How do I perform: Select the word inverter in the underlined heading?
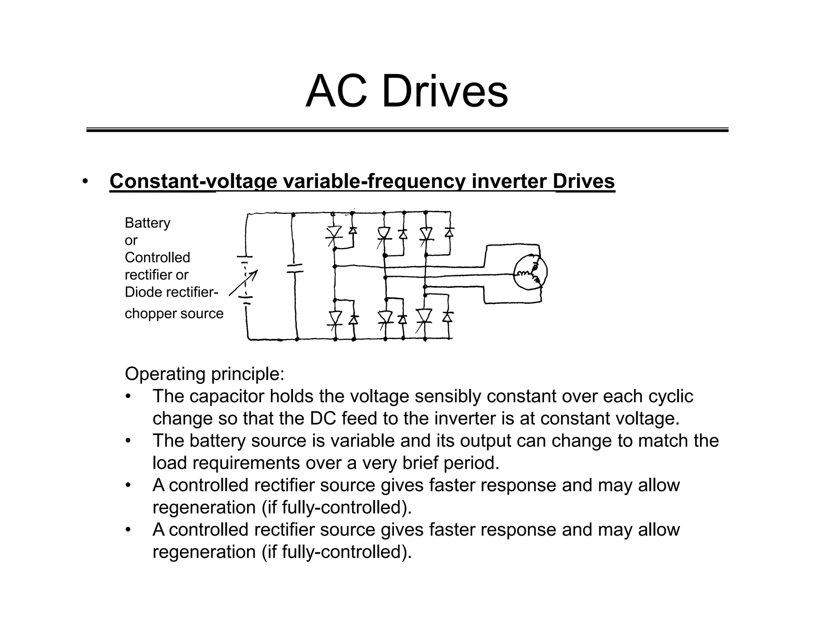pyautogui.click(x=509, y=182)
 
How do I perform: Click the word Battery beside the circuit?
pyautogui.click(x=147, y=223)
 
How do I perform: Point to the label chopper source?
pyautogui.click(x=174, y=314)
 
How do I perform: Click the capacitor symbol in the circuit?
pyautogui.click(x=295, y=268)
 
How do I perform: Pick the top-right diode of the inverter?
pyautogui.click(x=449, y=232)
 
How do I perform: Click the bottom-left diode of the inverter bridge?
pyautogui.click(x=353, y=319)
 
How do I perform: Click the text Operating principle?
pyautogui.click(x=205, y=374)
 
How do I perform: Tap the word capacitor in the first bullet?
pyautogui.click(x=227, y=396)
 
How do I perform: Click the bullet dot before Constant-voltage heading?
pyautogui.click(x=85, y=182)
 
